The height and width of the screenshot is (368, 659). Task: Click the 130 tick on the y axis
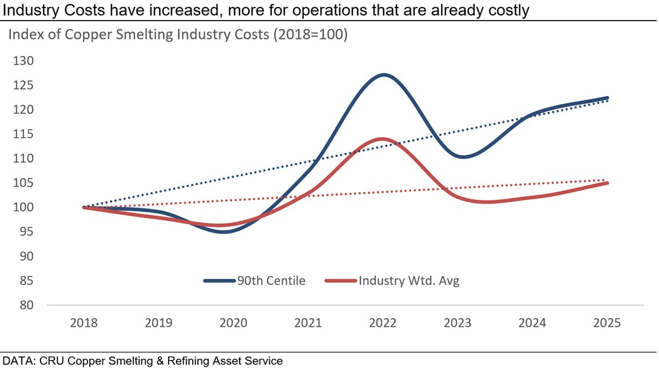(x=23, y=61)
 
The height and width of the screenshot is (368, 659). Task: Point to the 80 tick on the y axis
(x=23, y=305)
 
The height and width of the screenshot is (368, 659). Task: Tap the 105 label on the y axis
(x=23, y=183)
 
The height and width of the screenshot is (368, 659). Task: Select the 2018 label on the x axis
(x=84, y=323)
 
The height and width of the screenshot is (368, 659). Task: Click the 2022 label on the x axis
(x=383, y=323)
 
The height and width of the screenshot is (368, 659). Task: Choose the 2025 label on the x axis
(x=607, y=323)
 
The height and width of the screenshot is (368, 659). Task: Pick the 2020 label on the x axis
(x=233, y=323)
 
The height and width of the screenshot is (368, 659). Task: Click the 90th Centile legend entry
(x=255, y=281)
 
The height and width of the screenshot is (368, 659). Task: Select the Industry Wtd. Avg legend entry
(x=392, y=281)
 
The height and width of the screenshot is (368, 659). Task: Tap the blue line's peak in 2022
(x=383, y=75)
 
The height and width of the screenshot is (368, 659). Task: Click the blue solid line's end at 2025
(x=607, y=98)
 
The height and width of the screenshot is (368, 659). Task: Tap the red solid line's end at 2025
(x=607, y=183)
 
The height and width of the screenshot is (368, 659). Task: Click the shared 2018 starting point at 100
(x=84, y=207)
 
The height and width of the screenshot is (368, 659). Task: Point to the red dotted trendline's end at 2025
(x=607, y=179)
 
